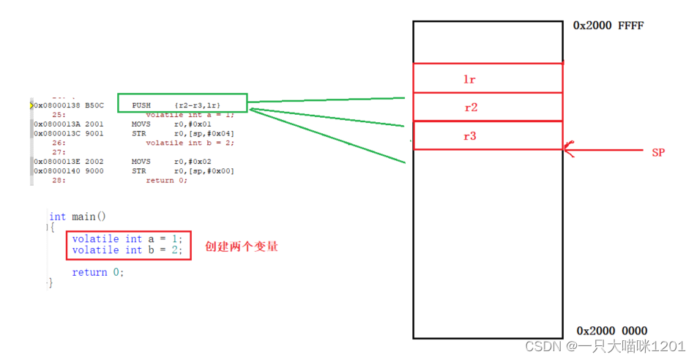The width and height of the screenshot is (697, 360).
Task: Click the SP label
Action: tap(659, 153)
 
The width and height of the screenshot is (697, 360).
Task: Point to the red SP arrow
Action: tap(600, 151)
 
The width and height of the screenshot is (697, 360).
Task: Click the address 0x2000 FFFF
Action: tap(608, 26)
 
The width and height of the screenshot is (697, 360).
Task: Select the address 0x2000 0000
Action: tap(611, 331)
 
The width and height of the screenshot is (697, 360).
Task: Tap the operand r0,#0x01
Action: tap(193, 124)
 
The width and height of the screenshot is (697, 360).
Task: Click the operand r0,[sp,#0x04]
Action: tap(204, 133)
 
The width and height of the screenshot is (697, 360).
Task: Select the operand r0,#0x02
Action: tap(193, 162)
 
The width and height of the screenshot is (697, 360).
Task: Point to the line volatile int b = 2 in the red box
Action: tap(126, 250)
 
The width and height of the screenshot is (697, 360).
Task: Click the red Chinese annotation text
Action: tap(241, 247)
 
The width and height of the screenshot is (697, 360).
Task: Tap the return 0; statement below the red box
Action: tap(98, 272)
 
